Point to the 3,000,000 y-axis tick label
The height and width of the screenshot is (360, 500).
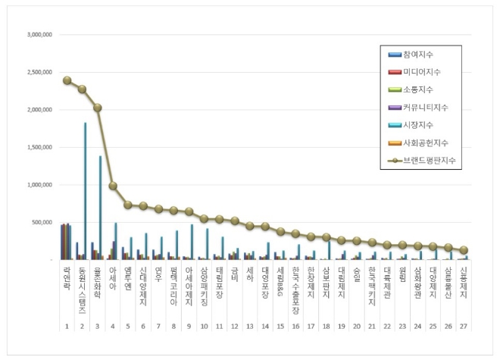click(x=39, y=35)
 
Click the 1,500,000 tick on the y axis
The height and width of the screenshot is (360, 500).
click(x=39, y=147)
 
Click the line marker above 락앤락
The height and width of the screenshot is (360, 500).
click(x=67, y=80)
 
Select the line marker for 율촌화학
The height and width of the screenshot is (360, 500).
click(x=98, y=108)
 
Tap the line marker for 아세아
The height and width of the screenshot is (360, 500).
click(x=113, y=186)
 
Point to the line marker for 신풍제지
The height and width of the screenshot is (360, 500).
click(x=464, y=250)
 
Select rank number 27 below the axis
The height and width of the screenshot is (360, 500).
click(x=464, y=327)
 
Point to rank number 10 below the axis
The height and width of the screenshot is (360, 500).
click(x=205, y=327)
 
